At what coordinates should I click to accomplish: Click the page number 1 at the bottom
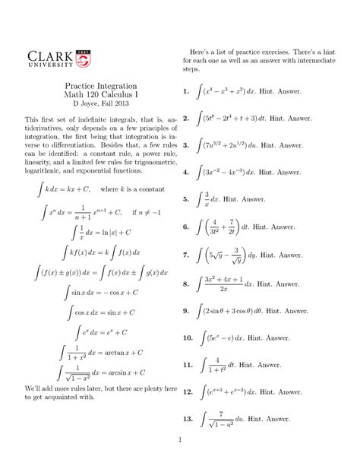point(179,439)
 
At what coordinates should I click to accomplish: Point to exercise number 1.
point(186,92)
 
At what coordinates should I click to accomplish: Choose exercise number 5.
point(186,199)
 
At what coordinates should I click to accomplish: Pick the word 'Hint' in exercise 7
point(267,255)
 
